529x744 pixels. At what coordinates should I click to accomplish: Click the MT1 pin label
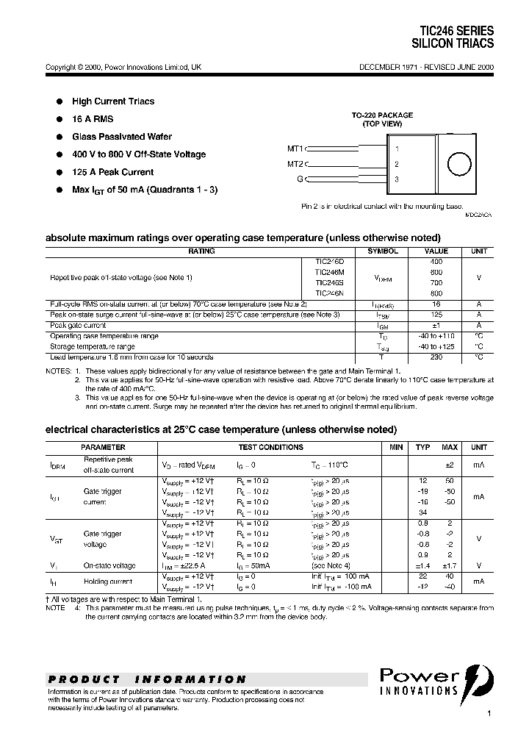(x=295, y=149)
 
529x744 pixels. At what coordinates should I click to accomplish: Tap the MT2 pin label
(x=295, y=164)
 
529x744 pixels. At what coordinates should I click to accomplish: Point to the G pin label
(x=300, y=179)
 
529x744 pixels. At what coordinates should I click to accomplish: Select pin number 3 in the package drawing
(x=397, y=179)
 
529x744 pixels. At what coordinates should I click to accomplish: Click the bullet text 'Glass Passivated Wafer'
(x=122, y=137)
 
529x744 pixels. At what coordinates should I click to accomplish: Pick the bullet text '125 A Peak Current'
(x=112, y=172)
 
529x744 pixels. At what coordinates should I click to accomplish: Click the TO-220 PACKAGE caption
(x=381, y=115)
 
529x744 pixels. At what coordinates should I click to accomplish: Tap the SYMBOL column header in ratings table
(x=383, y=251)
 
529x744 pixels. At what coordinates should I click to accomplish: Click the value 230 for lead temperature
(x=436, y=357)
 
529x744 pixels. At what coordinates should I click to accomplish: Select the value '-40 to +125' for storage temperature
(x=436, y=346)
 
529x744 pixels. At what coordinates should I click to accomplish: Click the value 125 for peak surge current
(x=436, y=315)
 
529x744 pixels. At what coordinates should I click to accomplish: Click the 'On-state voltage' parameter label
(x=109, y=565)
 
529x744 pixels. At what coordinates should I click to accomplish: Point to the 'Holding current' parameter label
(x=108, y=582)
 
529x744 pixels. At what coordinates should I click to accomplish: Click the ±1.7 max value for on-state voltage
(x=449, y=565)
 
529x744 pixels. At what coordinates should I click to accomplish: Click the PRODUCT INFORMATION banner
(x=148, y=679)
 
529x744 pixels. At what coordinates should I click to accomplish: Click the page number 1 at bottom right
(x=489, y=714)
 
